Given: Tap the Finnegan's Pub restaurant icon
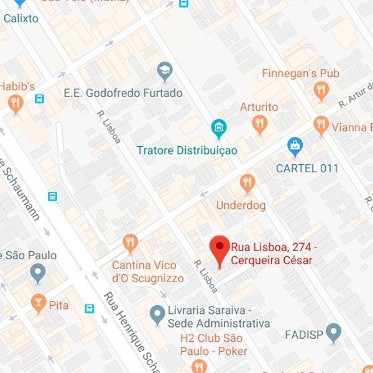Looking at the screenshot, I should coord(321,91).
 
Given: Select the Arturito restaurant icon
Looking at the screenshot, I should coord(260,124).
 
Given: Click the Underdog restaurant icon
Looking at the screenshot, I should coord(247,182).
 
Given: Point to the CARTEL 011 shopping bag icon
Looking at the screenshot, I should coord(295,146).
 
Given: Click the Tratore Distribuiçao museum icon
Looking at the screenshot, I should coord(218,129).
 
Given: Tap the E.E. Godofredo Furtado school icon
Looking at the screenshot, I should coord(165,70).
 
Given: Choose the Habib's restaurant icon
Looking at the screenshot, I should coord(16,103).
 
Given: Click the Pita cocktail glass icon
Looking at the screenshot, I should coord(39,303).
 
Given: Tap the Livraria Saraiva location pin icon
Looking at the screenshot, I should coord(158,313).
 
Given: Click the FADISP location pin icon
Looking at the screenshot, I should coord(334,331).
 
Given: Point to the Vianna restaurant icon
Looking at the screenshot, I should coord(321,125).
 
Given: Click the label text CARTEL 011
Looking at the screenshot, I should coord(307,168).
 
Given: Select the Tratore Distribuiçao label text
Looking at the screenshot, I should coord(187,150).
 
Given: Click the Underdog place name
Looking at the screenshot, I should coord(241,205).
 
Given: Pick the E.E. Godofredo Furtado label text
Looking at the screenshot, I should coord(123,93).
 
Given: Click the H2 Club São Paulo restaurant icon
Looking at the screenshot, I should coord(199,366).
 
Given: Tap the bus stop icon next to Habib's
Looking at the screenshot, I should coord(40,99).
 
